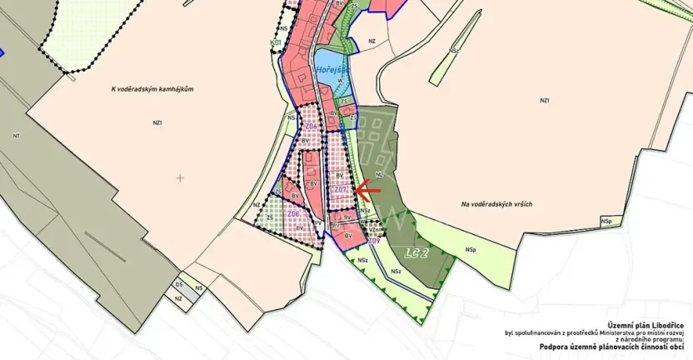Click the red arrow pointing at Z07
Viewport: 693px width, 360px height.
[367, 190]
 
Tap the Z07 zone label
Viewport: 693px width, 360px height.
[341, 191]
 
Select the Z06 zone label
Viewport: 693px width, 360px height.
[293, 214]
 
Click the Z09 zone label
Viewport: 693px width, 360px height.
[374, 241]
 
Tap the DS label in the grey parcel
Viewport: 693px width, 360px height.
[178, 285]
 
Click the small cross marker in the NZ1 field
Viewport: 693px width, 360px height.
[180, 177]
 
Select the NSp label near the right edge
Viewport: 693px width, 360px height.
[606, 221]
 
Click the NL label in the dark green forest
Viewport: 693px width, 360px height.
[380, 176]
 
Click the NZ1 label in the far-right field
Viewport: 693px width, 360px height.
[545, 101]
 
